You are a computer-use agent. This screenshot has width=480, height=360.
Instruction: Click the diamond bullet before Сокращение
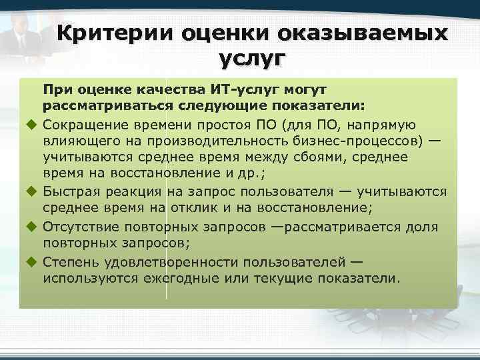31,124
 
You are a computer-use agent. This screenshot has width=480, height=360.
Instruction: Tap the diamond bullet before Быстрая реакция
31,192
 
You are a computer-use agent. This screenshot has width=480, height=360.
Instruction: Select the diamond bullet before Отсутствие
31,227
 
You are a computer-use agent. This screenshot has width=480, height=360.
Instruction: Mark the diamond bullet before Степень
31,261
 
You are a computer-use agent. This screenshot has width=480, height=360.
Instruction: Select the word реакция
143,193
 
